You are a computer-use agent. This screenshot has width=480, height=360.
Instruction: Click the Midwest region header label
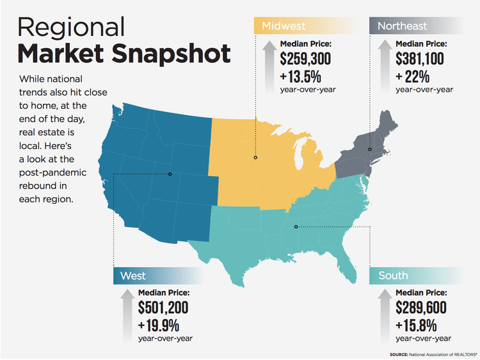[284, 26]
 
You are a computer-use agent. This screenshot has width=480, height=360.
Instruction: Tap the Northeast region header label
[402, 26]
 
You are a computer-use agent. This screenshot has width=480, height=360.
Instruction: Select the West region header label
[133, 275]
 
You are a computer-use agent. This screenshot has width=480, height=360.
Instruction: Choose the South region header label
[393, 275]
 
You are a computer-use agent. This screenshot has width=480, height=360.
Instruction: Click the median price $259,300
[305, 58]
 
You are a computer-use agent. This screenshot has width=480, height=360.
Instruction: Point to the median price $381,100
[419, 58]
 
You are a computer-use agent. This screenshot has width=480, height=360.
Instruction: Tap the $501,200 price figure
[163, 307]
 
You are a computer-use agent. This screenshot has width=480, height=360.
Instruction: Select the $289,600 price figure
[421, 307]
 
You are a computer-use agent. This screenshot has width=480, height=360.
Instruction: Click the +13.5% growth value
[300, 76]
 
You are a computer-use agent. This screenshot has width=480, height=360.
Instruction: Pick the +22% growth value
[412, 76]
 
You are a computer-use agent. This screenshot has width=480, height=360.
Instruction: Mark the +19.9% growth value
[159, 325]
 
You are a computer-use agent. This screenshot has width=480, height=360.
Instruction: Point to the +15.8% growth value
[416, 325]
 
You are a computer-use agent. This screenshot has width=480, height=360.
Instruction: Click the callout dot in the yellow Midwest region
[255, 158]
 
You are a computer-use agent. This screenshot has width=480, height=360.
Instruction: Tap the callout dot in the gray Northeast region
[370, 149]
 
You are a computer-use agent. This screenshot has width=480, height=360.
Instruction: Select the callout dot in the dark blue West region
[170, 174]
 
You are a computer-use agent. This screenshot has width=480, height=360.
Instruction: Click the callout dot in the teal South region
[296, 227]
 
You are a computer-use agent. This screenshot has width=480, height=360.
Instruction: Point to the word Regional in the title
[71, 28]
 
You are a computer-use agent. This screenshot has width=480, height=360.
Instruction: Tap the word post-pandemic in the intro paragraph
[52, 173]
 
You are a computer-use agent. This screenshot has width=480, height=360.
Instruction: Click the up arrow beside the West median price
[127, 316]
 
